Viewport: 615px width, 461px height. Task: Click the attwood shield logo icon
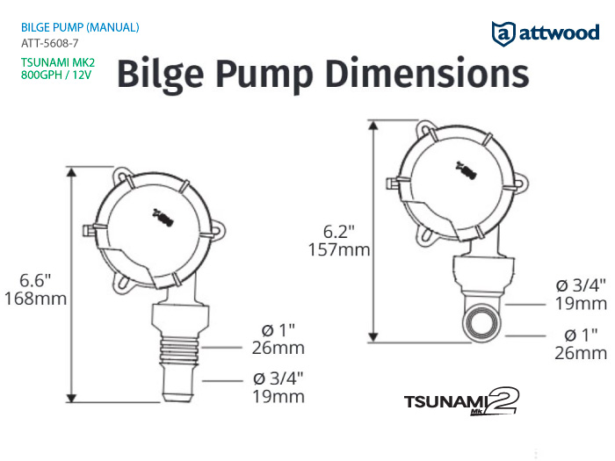(x=503, y=33)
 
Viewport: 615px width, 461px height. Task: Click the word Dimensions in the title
(x=427, y=73)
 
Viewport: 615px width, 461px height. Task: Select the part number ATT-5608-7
(x=50, y=43)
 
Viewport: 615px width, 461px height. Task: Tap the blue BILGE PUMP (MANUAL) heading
(x=80, y=27)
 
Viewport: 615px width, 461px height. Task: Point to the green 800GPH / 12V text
(x=56, y=75)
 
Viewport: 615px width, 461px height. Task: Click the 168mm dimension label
(x=36, y=299)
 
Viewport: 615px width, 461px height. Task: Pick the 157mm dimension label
(x=339, y=249)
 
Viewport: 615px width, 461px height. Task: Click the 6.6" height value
(x=35, y=280)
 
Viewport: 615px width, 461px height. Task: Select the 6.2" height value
(x=339, y=232)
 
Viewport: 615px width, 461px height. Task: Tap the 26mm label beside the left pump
(x=279, y=348)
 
